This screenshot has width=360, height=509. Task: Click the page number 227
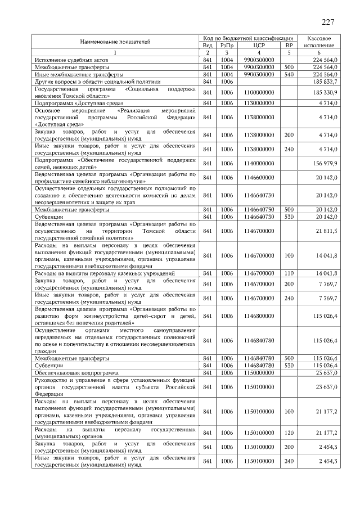click(328, 22)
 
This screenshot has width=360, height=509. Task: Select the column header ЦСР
click(259, 44)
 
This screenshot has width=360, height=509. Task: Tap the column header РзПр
click(227, 44)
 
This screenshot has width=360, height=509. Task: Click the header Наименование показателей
click(115, 41)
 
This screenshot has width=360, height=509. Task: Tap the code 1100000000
click(259, 92)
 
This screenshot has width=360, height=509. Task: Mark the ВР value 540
click(289, 74)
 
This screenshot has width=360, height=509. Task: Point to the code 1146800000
click(259, 316)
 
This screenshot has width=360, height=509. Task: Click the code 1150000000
click(259, 372)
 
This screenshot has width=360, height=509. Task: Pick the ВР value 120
click(289, 432)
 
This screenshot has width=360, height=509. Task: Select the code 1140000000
click(259, 163)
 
